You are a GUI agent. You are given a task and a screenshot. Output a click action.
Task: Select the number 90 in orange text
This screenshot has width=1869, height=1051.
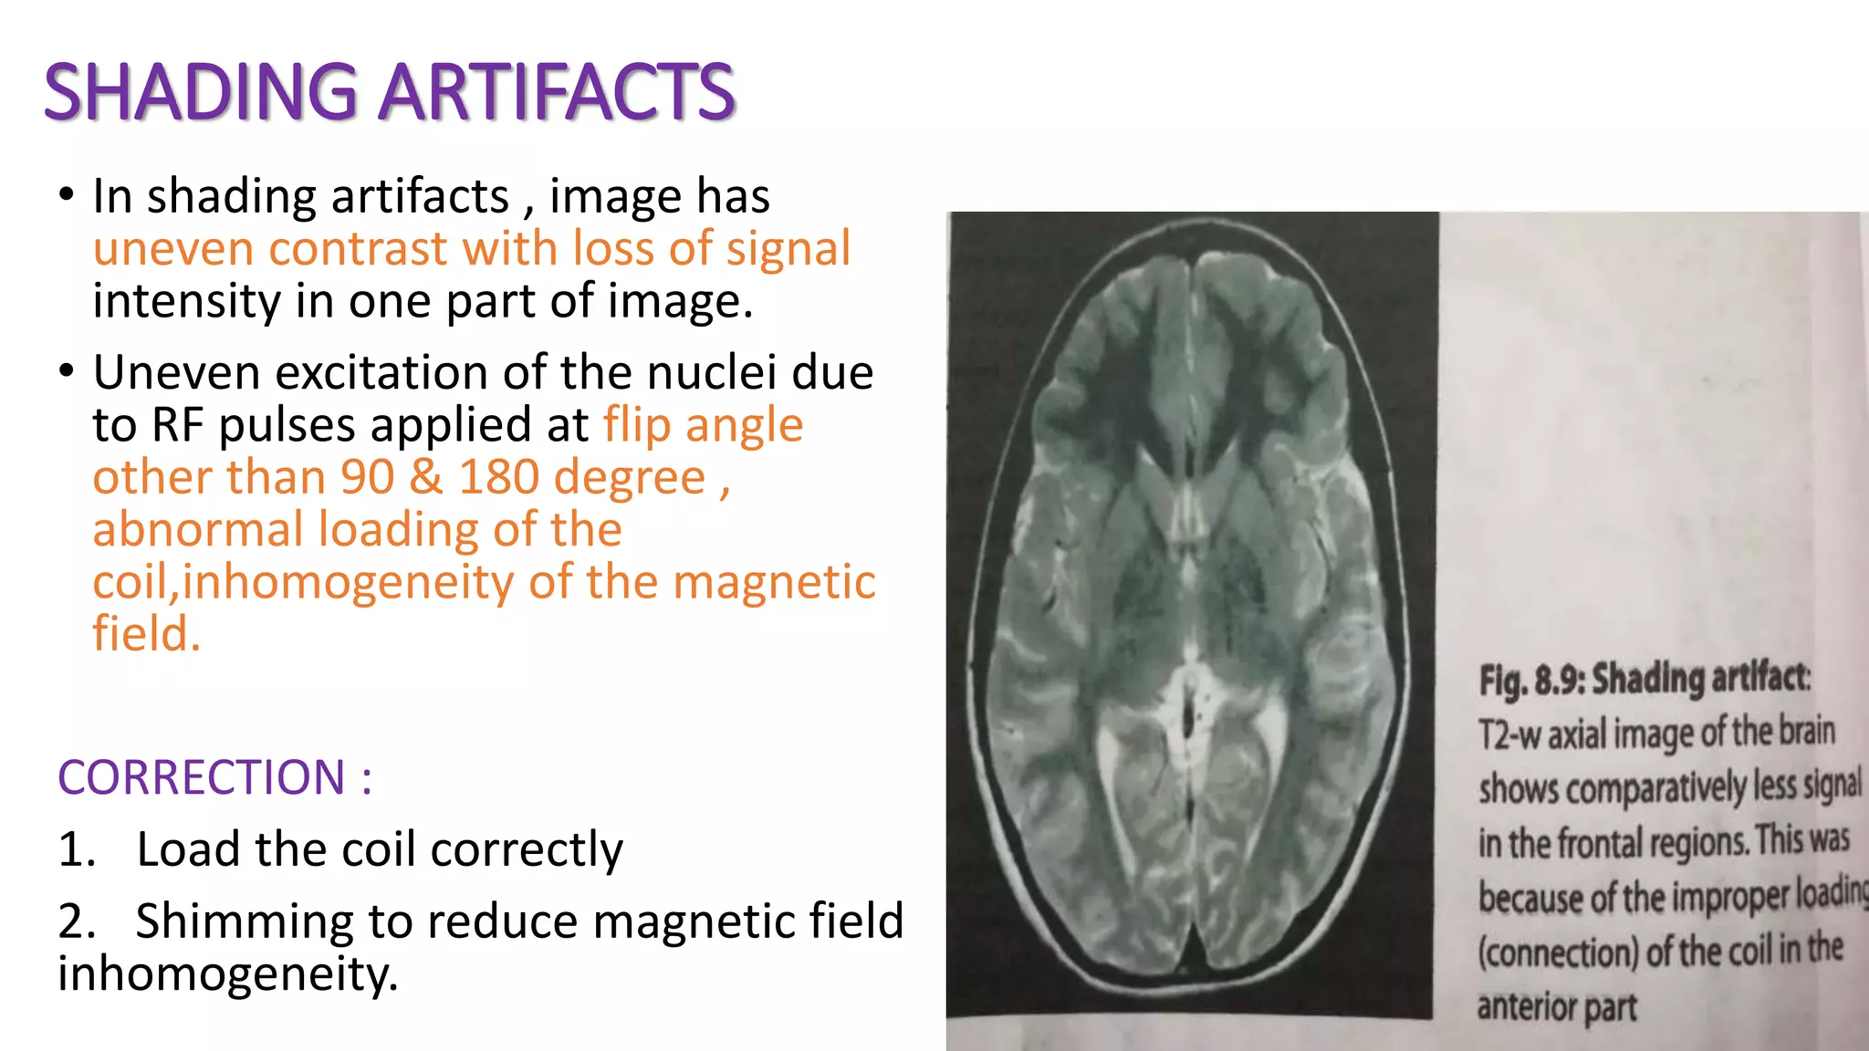(x=367, y=477)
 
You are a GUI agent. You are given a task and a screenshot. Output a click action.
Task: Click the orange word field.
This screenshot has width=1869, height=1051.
(x=146, y=633)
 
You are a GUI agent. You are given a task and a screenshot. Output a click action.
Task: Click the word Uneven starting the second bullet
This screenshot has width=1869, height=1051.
(x=177, y=373)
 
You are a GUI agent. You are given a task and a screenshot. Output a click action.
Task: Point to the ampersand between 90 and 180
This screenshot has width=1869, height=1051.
(x=426, y=477)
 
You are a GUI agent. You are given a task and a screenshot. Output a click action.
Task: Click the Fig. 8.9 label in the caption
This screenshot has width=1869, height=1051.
(x=1532, y=680)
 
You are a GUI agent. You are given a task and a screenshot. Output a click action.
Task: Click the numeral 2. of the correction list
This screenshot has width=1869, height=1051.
(x=78, y=921)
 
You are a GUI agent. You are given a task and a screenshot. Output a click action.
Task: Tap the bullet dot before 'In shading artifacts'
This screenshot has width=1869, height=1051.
(x=66, y=195)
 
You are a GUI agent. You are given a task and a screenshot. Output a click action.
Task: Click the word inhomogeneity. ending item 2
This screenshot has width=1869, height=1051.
(x=228, y=974)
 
